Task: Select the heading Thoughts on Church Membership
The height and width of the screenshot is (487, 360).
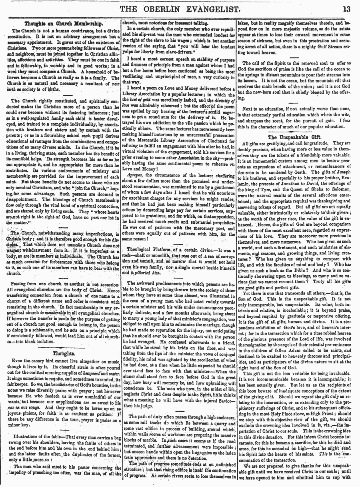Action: (61, 24)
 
